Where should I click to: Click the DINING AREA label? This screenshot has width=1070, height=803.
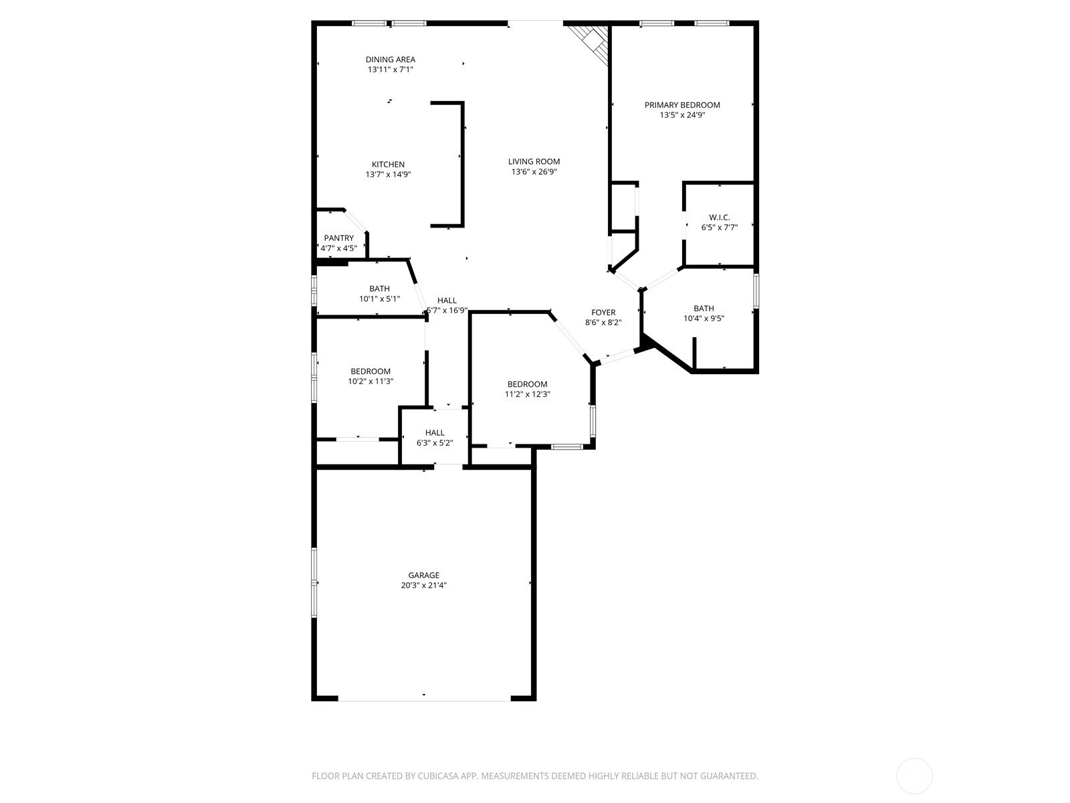[391, 60]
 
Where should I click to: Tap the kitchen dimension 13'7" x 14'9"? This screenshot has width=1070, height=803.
[389, 175]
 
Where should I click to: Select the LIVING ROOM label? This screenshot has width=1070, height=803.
[534, 161]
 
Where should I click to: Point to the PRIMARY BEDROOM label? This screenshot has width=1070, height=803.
[682, 105]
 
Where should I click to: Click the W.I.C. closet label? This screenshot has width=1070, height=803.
[719, 217]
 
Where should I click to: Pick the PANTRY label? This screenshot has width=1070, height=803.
[339, 238]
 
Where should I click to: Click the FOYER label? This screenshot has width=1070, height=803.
[603, 313]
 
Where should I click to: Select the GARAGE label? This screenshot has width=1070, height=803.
[423, 575]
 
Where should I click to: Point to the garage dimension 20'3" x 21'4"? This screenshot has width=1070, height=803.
[423, 586]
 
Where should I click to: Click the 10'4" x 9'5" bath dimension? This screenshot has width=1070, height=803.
[704, 319]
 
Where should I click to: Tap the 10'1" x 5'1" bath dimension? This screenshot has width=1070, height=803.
[380, 299]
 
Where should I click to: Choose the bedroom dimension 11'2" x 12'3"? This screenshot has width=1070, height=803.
[528, 394]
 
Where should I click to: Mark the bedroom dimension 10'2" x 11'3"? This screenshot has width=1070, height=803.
[370, 381]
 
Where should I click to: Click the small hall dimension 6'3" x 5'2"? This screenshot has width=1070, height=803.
[435, 443]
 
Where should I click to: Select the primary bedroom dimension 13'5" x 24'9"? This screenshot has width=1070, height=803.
[683, 116]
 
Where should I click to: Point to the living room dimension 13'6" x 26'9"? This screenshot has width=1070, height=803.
[534, 171]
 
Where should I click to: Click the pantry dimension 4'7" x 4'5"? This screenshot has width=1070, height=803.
[339, 248]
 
